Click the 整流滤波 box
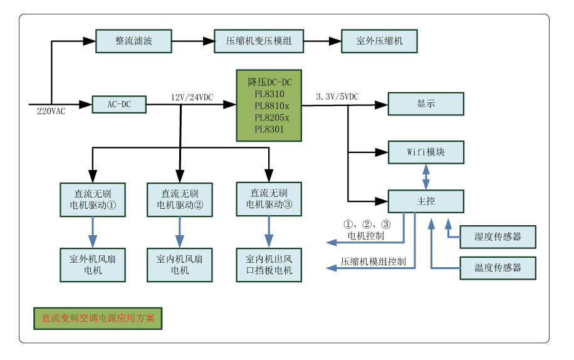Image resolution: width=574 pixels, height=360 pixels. point(133,41)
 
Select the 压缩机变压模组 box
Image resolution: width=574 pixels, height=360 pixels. point(258,41)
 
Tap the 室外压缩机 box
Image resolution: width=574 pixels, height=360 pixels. point(379,41)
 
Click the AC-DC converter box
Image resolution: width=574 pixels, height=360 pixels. point(118,104)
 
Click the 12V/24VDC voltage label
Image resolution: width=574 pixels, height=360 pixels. point(192,97)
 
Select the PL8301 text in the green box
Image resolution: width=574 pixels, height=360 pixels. point(269,130)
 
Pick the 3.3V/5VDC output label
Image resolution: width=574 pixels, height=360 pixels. point(337,97)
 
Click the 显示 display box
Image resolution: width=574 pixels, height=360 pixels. point(425,104)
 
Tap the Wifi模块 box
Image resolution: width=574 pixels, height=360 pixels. point(425,152)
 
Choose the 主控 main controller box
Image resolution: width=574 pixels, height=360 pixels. point(425,201)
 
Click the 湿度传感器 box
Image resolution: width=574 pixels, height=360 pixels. point(498,236)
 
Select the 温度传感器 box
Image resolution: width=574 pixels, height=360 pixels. point(498,267)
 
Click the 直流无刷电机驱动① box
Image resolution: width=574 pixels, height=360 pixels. point(92,199)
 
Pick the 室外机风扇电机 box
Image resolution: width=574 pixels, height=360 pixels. point(92,264)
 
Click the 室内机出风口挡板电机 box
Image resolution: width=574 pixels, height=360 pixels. point(269,264)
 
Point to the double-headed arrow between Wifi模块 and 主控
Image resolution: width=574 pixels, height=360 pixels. point(426,176)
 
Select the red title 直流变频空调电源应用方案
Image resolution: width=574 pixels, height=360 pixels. point(98,318)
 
